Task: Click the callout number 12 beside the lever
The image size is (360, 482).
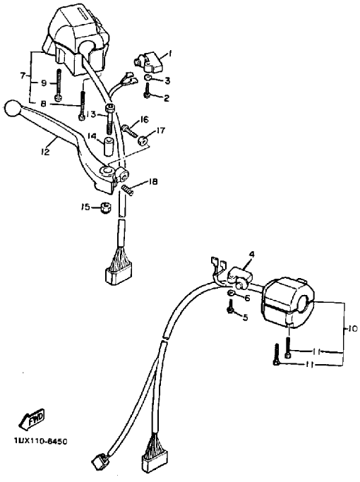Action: [45, 151]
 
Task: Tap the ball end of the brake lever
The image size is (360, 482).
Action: [11, 109]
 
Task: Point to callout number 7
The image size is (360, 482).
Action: [23, 76]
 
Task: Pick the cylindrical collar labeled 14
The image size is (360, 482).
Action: [108, 147]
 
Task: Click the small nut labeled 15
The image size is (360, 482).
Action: [105, 207]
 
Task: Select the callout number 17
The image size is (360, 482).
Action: [161, 131]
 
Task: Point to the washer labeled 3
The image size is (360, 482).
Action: [148, 77]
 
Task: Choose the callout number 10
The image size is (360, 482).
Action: [352, 329]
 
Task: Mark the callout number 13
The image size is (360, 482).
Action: [90, 114]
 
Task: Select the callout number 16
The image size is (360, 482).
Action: [144, 119]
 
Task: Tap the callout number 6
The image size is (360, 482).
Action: [247, 298]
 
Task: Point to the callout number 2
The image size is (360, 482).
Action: [167, 98]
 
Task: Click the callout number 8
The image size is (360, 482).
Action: [44, 104]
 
